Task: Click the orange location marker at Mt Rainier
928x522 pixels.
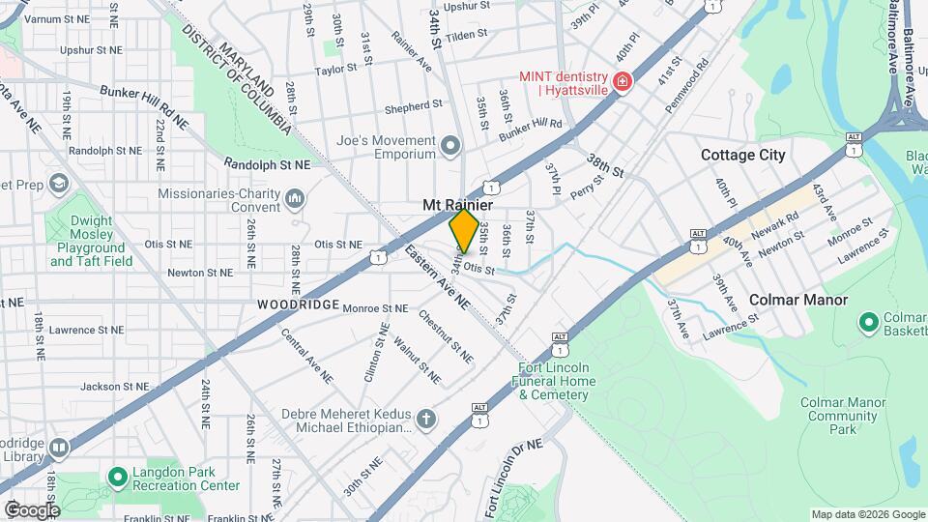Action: point(464,231)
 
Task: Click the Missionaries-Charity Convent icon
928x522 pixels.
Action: point(295,199)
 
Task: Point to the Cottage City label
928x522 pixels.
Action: point(742,155)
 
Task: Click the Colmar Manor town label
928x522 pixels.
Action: point(798,300)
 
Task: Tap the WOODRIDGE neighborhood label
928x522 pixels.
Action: point(298,304)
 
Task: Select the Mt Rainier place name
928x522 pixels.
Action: point(458,205)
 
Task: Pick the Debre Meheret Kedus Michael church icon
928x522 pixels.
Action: point(426,420)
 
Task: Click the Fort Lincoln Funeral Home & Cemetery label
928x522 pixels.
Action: point(557,381)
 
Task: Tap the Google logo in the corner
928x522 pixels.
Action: point(31,509)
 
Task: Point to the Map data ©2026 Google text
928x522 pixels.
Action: point(867,514)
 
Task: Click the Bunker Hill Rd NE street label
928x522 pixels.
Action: point(144,105)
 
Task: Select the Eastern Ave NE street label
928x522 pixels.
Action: point(437,278)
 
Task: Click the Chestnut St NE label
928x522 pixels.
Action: point(446,335)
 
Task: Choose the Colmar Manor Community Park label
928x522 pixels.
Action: point(843,415)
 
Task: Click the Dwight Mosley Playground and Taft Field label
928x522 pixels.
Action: point(91,241)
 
